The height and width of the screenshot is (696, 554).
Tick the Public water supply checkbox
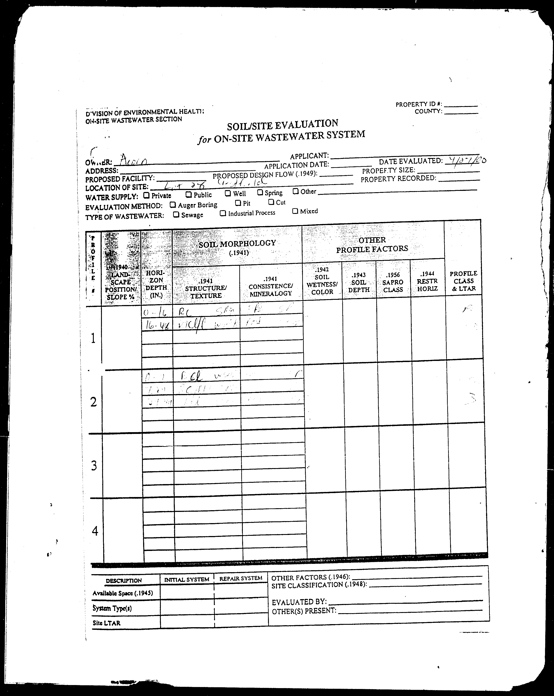[188, 194]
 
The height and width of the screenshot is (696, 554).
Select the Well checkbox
[228, 193]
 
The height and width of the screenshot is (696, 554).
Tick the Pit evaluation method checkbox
[238, 203]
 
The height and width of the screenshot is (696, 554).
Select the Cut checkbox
[271, 202]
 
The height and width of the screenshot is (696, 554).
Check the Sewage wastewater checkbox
[176, 214]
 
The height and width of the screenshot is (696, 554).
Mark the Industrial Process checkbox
[223, 213]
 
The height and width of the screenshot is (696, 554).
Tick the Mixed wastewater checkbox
[295, 211]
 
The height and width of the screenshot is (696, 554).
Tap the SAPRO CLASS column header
[393, 282]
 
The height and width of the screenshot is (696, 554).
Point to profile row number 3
[94, 466]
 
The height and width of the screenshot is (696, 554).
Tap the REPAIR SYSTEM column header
[241, 578]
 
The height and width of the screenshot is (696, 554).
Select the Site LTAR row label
[107, 623]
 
